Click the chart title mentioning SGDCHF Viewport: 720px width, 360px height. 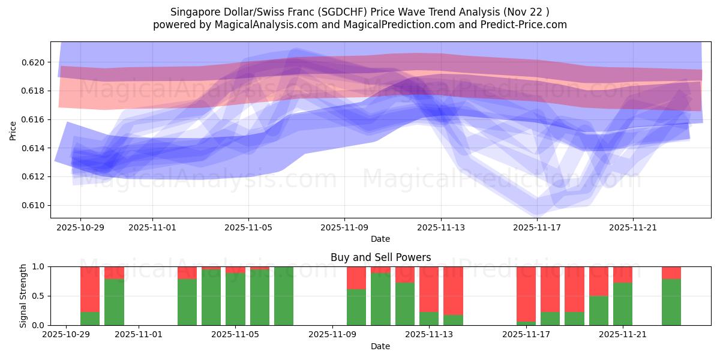(359, 12)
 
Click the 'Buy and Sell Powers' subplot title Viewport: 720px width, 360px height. (380, 257)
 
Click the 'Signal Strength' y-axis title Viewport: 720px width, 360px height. (23, 295)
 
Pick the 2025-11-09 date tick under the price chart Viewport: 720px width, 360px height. (344, 227)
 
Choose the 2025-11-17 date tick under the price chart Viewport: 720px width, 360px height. (536, 227)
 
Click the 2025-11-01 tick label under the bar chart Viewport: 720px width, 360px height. (139, 335)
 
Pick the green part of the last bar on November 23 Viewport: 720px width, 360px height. (671, 302)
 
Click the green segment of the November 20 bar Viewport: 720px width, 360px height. (598, 310)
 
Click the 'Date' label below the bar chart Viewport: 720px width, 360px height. (380, 346)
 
